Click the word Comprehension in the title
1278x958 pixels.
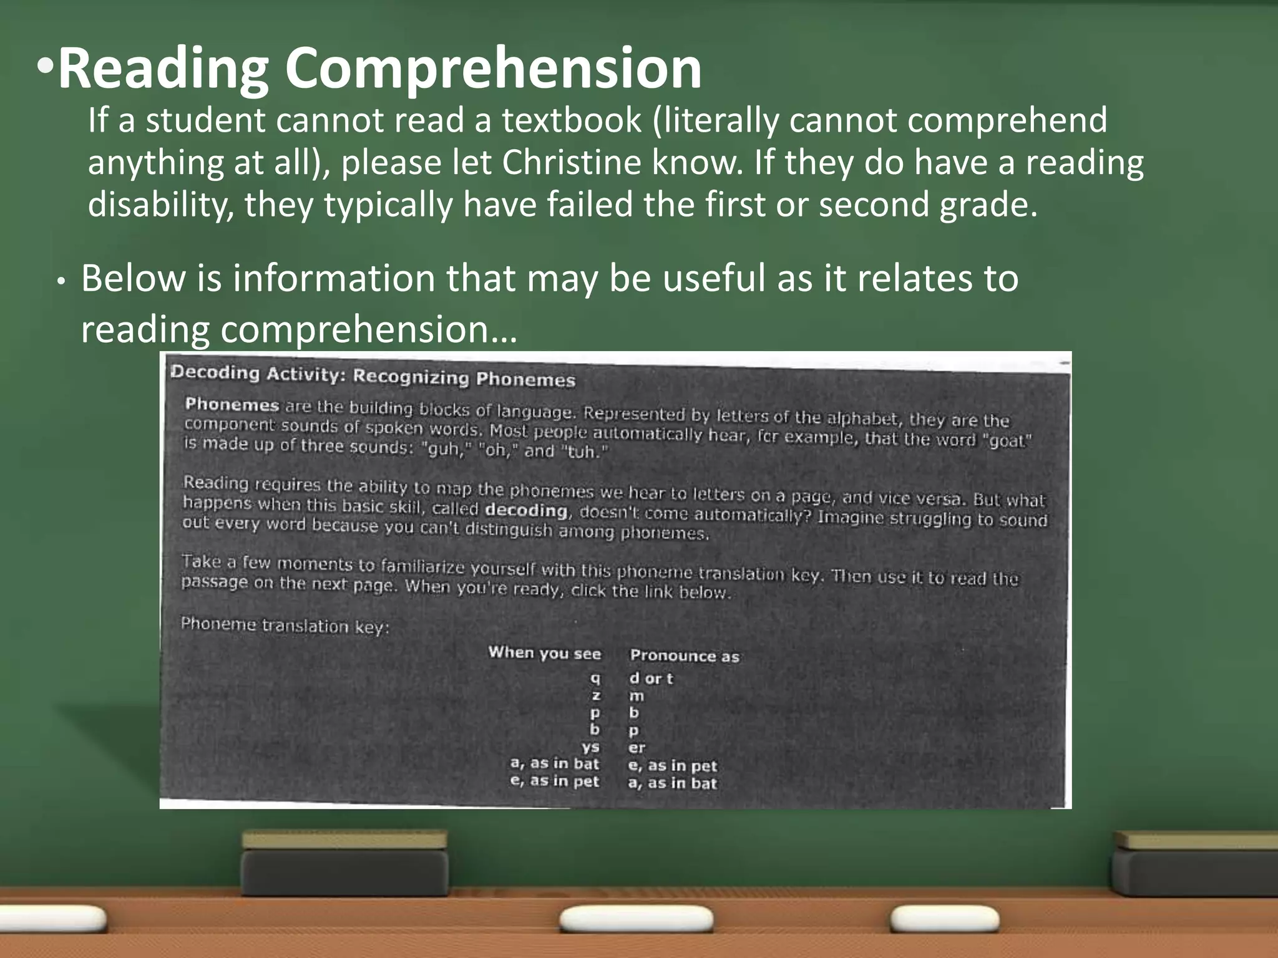[x=493, y=69]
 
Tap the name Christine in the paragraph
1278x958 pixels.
[x=572, y=163]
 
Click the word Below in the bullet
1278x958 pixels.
[x=133, y=278]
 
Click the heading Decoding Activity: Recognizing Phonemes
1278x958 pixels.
[x=373, y=375]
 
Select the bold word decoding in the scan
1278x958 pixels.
[x=526, y=510]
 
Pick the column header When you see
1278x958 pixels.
[x=544, y=653]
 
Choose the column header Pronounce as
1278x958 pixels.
[x=685, y=656]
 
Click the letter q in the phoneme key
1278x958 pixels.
[x=595, y=678]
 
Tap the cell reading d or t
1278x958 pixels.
[x=651, y=679]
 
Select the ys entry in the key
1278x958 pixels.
[x=590, y=747]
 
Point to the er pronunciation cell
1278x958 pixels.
[x=637, y=748]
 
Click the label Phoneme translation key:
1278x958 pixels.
[x=285, y=625]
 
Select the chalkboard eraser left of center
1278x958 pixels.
[x=344, y=863]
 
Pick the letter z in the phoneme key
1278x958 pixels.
[x=596, y=695]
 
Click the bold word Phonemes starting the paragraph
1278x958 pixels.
[x=232, y=405]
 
